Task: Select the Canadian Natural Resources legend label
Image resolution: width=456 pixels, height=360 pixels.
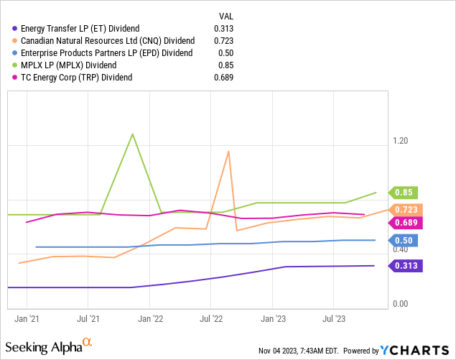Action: [x=108, y=40]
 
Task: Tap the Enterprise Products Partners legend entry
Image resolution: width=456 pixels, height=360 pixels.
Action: [x=107, y=52]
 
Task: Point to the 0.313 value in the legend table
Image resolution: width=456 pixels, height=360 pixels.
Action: [x=224, y=28]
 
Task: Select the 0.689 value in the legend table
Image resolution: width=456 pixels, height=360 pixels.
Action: [x=224, y=77]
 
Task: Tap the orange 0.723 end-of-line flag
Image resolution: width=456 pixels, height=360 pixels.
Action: [x=406, y=210]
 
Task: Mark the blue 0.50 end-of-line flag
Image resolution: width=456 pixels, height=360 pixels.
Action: [x=402, y=241]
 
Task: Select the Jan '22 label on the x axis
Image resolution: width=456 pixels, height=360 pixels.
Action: [x=149, y=317]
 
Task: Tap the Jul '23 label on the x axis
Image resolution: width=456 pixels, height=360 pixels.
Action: [x=333, y=317]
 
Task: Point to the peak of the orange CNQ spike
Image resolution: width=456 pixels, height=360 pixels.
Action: [x=228, y=151]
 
